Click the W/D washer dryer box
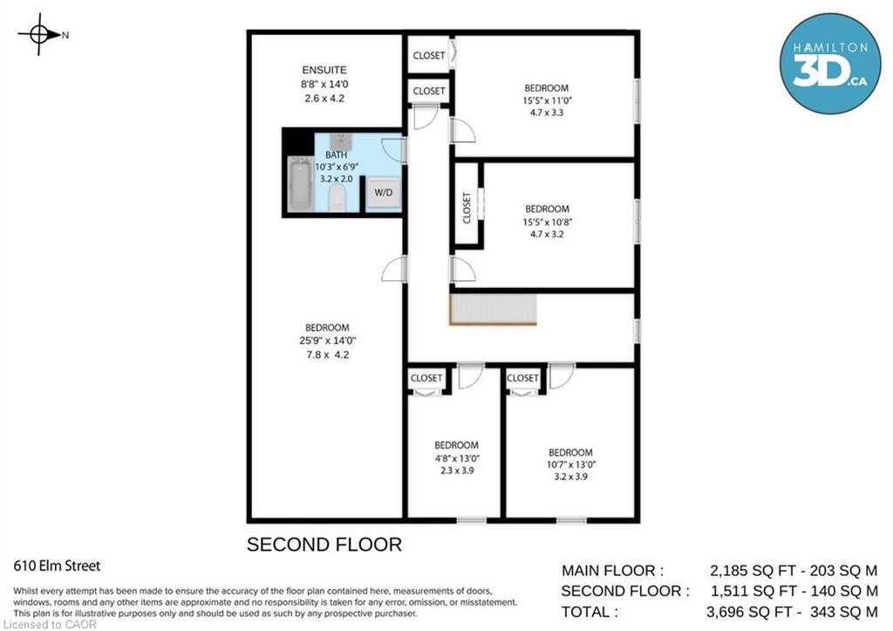[383, 192]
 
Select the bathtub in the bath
[301, 184]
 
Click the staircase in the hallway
[493, 310]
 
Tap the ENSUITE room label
[324, 70]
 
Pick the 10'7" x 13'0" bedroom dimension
[570, 465]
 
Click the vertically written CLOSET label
[467, 208]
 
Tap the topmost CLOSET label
[429, 56]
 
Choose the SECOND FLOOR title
[324, 545]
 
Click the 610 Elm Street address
[57, 566]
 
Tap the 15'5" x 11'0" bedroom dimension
[546, 100]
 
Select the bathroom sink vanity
[341, 141]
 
